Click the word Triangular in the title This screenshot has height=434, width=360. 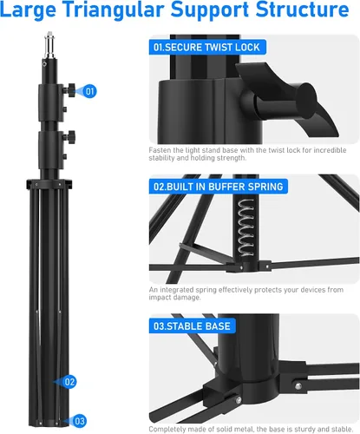115,10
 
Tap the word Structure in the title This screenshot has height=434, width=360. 303,10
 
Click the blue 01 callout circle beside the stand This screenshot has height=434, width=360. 89,91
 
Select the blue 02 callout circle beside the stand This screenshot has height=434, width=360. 69,382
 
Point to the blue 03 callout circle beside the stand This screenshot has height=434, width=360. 80,421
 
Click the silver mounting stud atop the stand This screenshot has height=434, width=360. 49,45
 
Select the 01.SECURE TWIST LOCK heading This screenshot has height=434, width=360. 206,47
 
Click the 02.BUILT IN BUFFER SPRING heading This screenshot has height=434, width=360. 219,187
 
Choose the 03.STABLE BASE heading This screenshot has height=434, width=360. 192,326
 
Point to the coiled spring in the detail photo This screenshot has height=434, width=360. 246,227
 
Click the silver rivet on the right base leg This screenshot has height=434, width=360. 298,385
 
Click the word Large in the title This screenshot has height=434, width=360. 28,10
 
